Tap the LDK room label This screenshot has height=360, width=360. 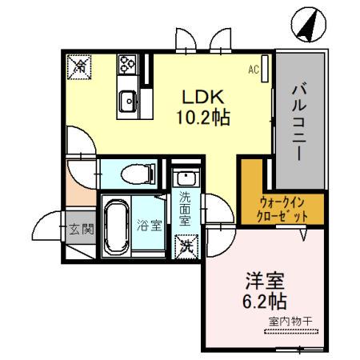point(203,98)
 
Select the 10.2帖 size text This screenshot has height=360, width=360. point(203,118)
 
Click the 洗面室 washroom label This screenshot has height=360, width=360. point(186,207)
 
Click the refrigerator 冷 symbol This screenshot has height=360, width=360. point(80,66)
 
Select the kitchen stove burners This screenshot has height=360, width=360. point(128,64)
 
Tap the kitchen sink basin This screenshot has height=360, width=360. point(127,101)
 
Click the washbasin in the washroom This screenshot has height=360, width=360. point(185,177)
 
